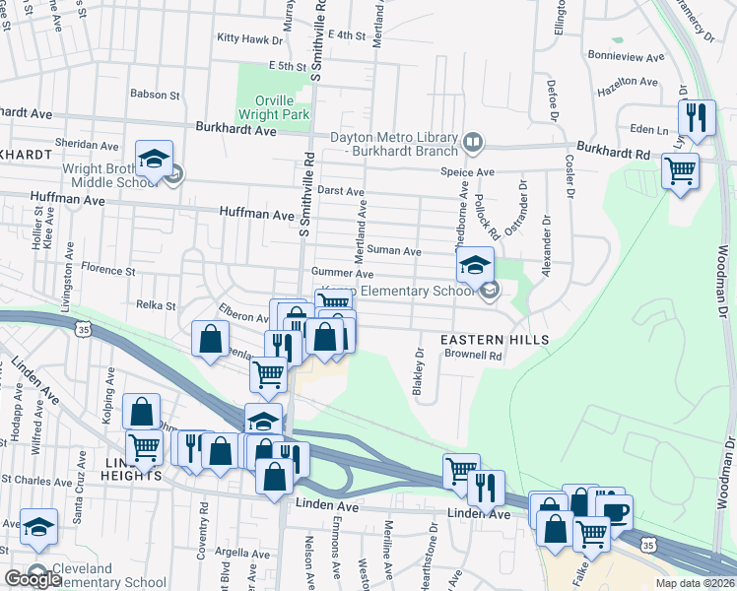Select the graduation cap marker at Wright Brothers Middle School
[x=155, y=160]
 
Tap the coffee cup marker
[x=615, y=512]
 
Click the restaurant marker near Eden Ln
[x=698, y=118]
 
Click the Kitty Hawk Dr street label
[x=250, y=38]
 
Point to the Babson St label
[x=155, y=96]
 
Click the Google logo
[x=33, y=578]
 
